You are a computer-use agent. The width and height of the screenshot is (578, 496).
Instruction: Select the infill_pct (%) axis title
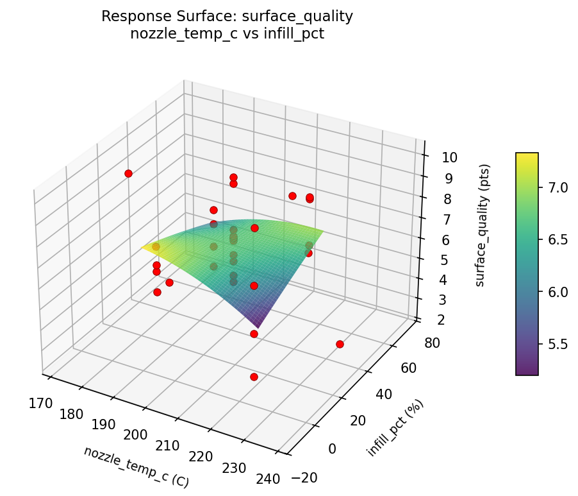point(395,429)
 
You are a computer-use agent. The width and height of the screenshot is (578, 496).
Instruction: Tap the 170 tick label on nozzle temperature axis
point(40,403)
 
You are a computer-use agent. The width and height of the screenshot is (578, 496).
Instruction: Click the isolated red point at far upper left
point(128,173)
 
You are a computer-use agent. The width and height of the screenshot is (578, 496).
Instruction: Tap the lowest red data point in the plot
point(254,377)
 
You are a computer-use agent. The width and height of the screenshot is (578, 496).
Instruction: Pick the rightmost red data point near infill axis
point(340,345)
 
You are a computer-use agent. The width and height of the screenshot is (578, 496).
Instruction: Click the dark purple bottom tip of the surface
point(259,327)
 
